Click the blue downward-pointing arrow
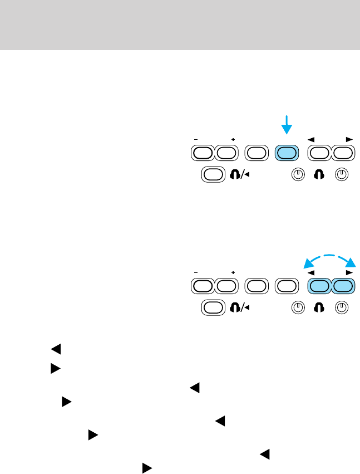pos(287,125)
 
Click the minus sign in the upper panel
pos(196,139)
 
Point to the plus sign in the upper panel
pos(233,139)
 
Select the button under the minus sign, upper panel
pos(203,152)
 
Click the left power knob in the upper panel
pos(298,174)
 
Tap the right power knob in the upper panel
pos(343,174)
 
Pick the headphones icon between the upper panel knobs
pos(320,174)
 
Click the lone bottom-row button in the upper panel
pos(212,174)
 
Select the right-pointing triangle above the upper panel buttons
pos(349,138)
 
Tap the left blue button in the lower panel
pos(320,286)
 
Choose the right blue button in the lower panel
pos(343,286)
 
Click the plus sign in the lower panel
pos(233,272)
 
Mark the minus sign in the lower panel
pos(196,272)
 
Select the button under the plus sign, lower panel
pos(225,286)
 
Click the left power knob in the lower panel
pos(298,308)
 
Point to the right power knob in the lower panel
pos(343,308)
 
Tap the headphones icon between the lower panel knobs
pos(320,308)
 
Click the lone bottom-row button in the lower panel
pos(212,308)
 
